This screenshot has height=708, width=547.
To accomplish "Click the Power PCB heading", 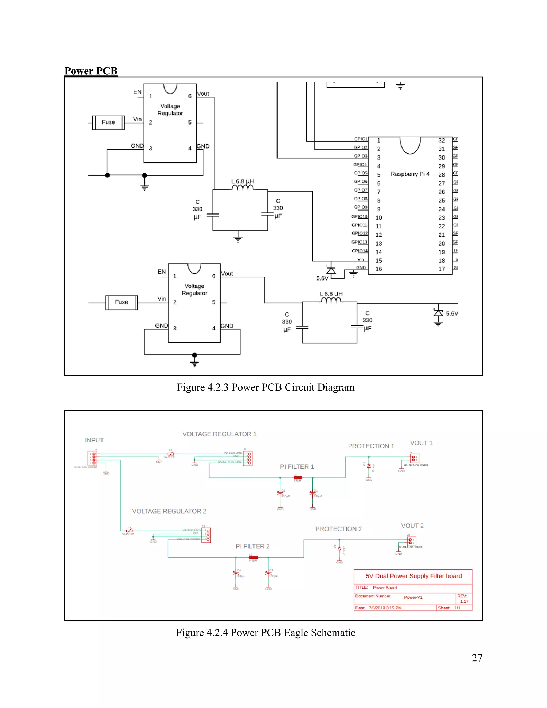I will tap(91, 71).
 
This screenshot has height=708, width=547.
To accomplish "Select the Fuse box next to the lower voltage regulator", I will tap(122, 302).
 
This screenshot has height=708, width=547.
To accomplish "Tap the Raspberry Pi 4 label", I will tap(410, 174).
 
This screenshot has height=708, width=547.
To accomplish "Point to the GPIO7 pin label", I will tap(361, 190).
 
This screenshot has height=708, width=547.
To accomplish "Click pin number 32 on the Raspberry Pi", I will tap(441, 140).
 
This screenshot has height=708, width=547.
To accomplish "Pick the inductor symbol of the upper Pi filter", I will tap(243, 188).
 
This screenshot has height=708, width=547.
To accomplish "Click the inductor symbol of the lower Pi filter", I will tap(331, 300).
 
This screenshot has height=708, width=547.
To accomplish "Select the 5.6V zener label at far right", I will tap(452, 313).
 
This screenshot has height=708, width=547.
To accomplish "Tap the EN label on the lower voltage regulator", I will tap(161, 272).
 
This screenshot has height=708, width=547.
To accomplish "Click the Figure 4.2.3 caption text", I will tap(265, 387).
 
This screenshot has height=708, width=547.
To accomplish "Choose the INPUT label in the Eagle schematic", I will tap(94, 440).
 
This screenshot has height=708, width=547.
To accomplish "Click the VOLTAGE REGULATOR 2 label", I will tap(169, 511).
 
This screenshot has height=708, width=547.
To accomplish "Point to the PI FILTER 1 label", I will tap(297, 467).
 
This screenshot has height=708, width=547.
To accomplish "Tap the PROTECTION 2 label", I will tap(338, 529).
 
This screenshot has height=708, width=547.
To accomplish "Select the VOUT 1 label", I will tap(421, 443).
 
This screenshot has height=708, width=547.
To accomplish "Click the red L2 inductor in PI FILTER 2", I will tap(253, 558).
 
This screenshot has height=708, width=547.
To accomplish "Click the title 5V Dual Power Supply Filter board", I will tap(413, 576).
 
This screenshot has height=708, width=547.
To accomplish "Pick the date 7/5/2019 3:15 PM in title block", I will tap(385, 608).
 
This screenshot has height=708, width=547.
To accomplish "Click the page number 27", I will tap(477, 658).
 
